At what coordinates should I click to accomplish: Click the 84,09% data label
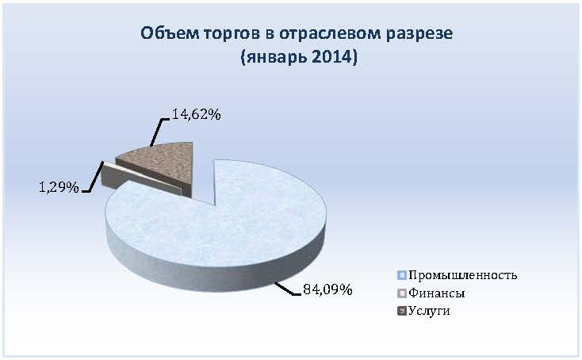tap(327, 289)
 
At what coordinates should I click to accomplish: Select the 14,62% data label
tap(197, 114)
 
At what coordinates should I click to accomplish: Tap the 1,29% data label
tap(59, 187)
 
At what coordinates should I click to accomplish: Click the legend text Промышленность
tap(462, 275)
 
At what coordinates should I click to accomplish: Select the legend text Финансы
tap(436, 293)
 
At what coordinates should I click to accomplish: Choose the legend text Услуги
tap(429, 310)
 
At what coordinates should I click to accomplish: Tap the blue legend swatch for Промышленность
tap(401, 275)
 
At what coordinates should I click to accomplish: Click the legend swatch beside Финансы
tap(401, 293)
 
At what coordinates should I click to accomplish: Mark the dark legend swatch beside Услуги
tap(401, 310)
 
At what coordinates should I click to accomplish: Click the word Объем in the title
tap(169, 33)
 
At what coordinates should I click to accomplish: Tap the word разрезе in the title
tap(419, 34)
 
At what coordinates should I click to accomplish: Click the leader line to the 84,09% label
tap(287, 289)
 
